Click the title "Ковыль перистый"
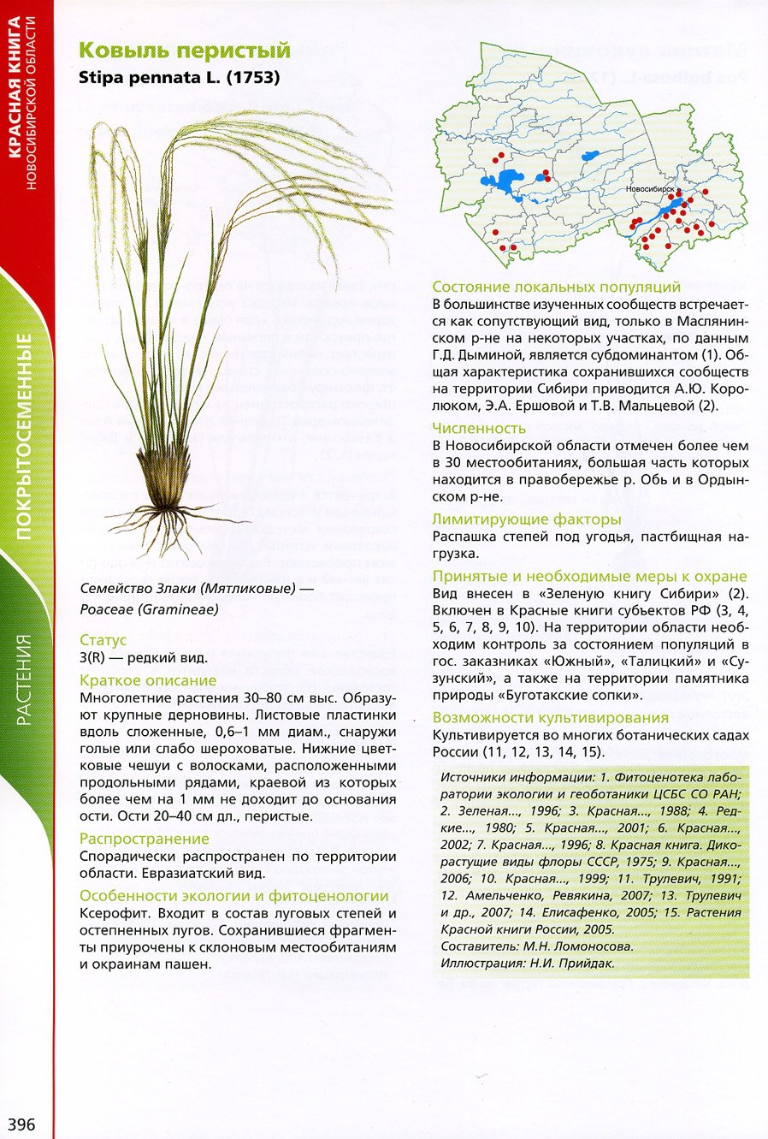pyautogui.click(x=185, y=50)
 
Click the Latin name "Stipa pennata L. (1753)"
pyautogui.click(x=179, y=77)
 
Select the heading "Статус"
pyautogui.click(x=103, y=639)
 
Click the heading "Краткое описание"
pyautogui.click(x=148, y=680)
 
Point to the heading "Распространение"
pyautogui.click(x=144, y=839)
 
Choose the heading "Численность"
pyautogui.click(x=478, y=428)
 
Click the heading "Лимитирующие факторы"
pyautogui.click(x=526, y=519)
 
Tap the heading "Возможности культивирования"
pyautogui.click(x=550, y=717)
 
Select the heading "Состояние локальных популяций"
pyautogui.click(x=556, y=287)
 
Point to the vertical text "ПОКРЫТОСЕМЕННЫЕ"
pyautogui.click(x=25, y=436)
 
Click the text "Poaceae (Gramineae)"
pyautogui.click(x=149, y=609)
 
